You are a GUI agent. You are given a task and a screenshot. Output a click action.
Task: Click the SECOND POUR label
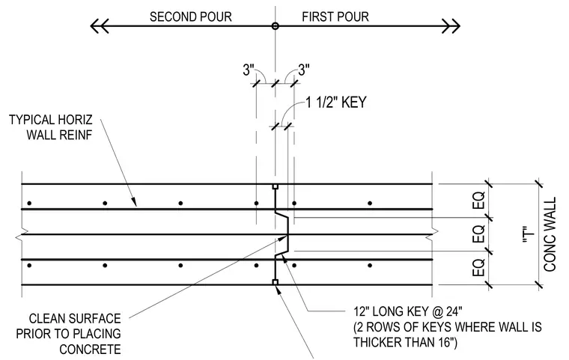tap(190, 16)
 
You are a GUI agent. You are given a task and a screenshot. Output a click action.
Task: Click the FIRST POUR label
tap(335, 16)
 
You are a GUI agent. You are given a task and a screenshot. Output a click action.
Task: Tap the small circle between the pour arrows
tap(275, 26)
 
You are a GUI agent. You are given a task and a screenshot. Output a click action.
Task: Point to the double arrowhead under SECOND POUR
tap(99, 26)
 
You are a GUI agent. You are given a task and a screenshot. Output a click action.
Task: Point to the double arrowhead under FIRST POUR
tap(451, 26)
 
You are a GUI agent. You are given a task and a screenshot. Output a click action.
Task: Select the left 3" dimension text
tap(249, 70)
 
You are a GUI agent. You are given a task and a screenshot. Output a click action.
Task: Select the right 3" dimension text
tap(304, 70)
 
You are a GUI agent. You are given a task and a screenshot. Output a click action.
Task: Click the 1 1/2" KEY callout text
tap(336, 103)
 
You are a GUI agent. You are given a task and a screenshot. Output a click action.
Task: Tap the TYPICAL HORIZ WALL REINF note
tap(51, 127)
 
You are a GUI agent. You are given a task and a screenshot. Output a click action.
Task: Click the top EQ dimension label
tap(478, 201)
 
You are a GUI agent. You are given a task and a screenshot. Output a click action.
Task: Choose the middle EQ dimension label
tap(478, 234)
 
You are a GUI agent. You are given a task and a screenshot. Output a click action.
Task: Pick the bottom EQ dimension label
tap(478, 267)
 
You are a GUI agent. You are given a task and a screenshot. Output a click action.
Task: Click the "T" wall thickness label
tap(530, 234)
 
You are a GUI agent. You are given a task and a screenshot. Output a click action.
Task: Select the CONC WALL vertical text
tap(550, 234)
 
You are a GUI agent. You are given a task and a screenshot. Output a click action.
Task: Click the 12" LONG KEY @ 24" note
tap(448, 327)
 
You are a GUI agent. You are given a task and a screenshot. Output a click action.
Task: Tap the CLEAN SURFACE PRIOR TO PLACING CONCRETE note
tap(69, 334)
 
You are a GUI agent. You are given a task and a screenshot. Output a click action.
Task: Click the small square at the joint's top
tap(275, 186)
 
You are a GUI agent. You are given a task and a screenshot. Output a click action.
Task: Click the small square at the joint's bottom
tap(275, 282)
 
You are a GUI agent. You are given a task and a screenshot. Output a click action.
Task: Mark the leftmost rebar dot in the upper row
tap(29, 204)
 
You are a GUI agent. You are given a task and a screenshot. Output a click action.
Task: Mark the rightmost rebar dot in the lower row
tap(370, 266)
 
